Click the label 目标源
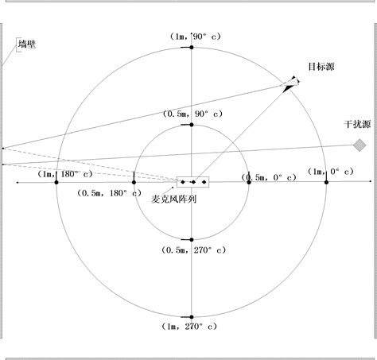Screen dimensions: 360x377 (320, 67)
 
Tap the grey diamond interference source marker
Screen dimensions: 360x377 (360, 145)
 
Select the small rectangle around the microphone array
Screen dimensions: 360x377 (193, 183)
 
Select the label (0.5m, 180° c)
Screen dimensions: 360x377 (109, 193)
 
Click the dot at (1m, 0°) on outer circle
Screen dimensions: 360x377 (326, 183)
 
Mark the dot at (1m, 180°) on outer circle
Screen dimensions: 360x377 (56, 183)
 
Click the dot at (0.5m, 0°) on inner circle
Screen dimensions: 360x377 (249, 183)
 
